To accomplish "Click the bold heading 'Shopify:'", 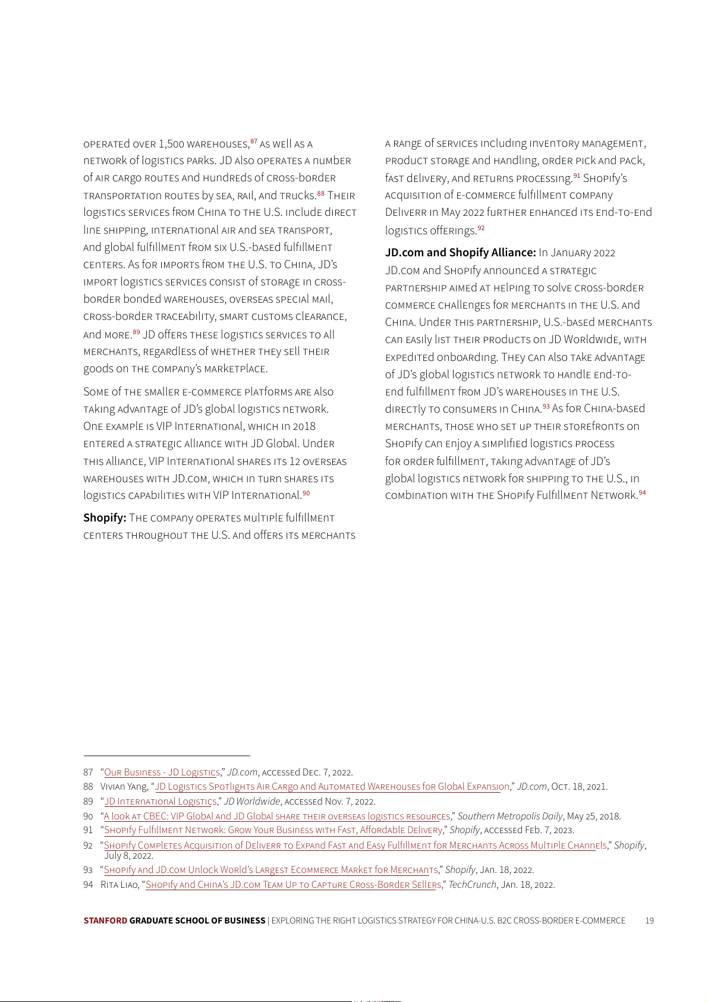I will pyautogui.click(x=105, y=518).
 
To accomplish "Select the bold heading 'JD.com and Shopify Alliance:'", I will pyautogui.click(x=460, y=253).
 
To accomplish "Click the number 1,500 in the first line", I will pyautogui.click(x=171, y=144).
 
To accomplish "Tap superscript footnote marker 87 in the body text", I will pyautogui.click(x=254, y=142).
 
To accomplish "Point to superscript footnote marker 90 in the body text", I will pyautogui.click(x=306, y=493).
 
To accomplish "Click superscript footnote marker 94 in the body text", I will pyautogui.click(x=642, y=493).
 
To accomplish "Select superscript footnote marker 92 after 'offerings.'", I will pyautogui.click(x=481, y=228).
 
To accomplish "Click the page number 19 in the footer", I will pyautogui.click(x=649, y=921).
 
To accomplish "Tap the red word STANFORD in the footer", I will pyautogui.click(x=105, y=921).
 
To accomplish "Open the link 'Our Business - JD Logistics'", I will pyautogui.click(x=162, y=772).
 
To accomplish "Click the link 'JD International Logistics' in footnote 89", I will pyautogui.click(x=161, y=802).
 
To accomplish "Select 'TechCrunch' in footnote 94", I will pyautogui.click(x=472, y=885).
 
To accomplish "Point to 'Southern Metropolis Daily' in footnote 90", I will pyautogui.click(x=510, y=816).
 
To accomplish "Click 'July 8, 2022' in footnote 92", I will pyautogui.click(x=128, y=856).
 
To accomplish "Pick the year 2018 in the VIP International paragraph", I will pyautogui.click(x=303, y=426).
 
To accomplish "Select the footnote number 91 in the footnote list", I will pyautogui.click(x=88, y=830).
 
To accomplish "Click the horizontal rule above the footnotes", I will pyautogui.click(x=166, y=756).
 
